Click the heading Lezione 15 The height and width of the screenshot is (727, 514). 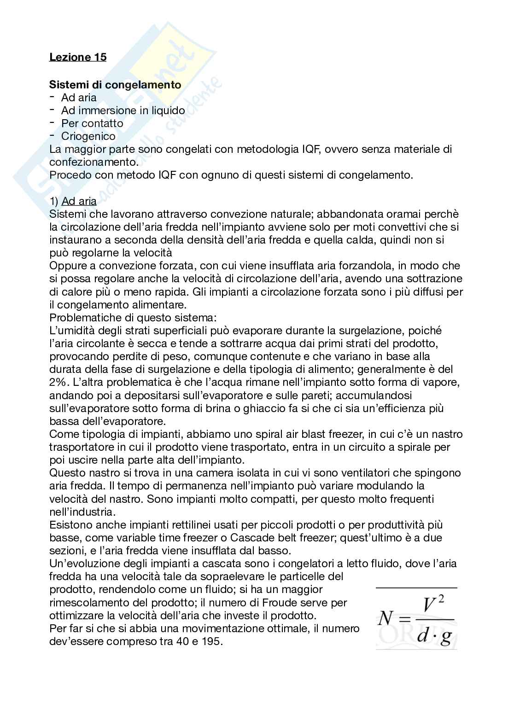click(78, 57)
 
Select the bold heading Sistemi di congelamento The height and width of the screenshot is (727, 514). click(115, 85)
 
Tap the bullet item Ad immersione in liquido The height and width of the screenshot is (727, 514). click(123, 111)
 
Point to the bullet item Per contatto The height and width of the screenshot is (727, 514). click(92, 123)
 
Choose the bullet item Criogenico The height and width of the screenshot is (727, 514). click(88, 136)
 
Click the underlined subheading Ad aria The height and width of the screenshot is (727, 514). click(79, 201)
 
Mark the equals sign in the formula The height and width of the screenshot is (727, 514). click(402, 619)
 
